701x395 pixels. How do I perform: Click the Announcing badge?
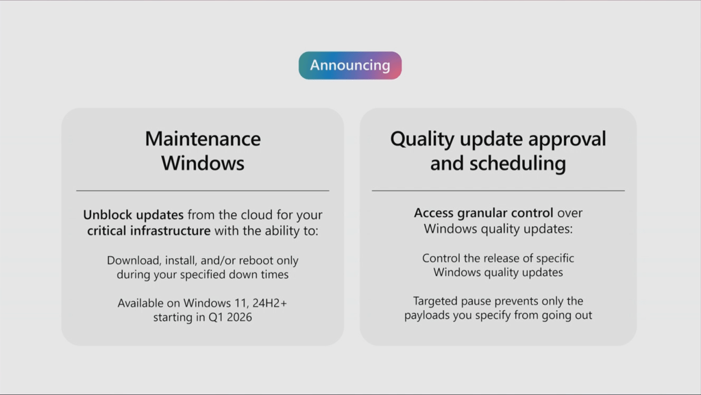[x=350, y=65]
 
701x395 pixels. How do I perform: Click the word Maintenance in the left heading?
[x=203, y=138]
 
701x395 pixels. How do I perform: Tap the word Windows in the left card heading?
[x=203, y=163]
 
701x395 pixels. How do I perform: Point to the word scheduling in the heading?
[x=518, y=164]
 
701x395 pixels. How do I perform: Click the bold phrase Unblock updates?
[x=133, y=215]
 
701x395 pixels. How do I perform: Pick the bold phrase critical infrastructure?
[x=149, y=231]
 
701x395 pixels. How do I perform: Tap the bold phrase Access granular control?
[x=483, y=213]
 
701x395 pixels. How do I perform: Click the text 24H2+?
[x=269, y=303]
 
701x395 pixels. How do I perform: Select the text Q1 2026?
[x=230, y=317]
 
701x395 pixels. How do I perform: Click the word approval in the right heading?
[x=567, y=140]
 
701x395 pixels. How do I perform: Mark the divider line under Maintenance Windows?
[x=203, y=191]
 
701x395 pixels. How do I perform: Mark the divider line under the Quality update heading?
[x=498, y=191]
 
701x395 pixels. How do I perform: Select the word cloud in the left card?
[x=256, y=215]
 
